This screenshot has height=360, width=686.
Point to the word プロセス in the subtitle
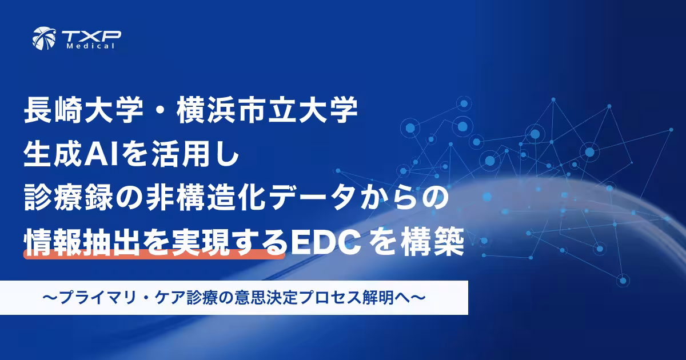click(x=340, y=298)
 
